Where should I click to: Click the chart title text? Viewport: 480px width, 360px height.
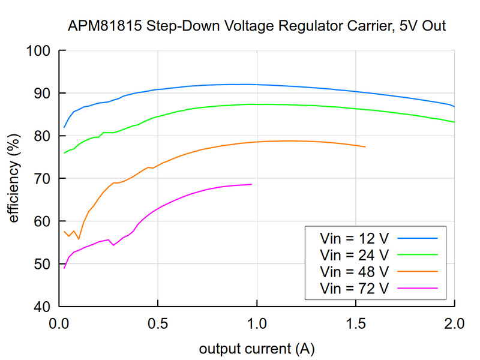pyautogui.click(x=257, y=27)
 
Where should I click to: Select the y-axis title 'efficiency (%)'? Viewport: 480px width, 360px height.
pyautogui.click(x=13, y=178)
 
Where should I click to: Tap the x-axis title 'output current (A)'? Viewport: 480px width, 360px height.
pyautogui.click(x=257, y=349)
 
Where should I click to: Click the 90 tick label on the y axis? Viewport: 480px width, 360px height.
pyautogui.click(x=43, y=93)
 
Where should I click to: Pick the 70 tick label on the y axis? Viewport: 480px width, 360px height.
pyautogui.click(x=43, y=178)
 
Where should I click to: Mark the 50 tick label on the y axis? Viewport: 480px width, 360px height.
pyautogui.click(x=43, y=263)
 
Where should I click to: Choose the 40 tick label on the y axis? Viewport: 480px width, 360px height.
pyautogui.click(x=43, y=306)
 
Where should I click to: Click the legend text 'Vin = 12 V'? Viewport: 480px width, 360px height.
pyautogui.click(x=355, y=238)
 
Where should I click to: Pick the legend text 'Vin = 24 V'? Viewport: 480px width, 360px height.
pyautogui.click(x=355, y=255)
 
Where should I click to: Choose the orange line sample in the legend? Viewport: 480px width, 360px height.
pyautogui.click(x=417, y=271)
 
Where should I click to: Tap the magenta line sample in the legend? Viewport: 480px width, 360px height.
pyautogui.click(x=417, y=288)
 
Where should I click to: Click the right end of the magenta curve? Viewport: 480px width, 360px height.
pyautogui.click(x=251, y=184)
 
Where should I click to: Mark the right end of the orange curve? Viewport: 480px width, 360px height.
pyautogui.click(x=365, y=147)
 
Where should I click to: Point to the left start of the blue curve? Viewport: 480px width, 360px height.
pyautogui.click(x=64, y=127)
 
